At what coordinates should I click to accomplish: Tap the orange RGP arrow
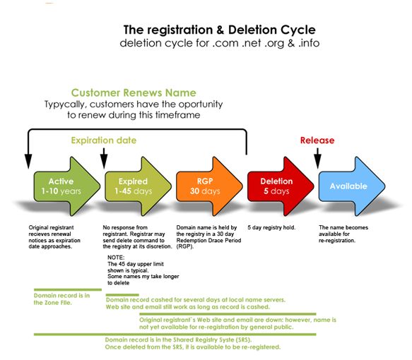(x=209, y=186)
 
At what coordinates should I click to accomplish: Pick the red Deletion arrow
(x=281, y=186)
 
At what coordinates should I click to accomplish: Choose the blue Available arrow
(x=352, y=186)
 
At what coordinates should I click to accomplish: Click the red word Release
(x=317, y=140)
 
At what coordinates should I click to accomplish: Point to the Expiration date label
(x=104, y=140)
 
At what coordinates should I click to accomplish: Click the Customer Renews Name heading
(x=134, y=93)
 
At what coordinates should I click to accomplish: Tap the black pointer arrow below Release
(x=318, y=159)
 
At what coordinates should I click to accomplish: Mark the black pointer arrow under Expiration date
(x=104, y=159)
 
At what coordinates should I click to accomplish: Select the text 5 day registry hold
(x=271, y=228)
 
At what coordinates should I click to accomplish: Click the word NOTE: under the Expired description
(x=116, y=258)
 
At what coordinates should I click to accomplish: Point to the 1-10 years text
(x=61, y=191)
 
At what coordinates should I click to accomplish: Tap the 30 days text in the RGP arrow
(x=205, y=191)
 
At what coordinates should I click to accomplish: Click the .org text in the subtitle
(x=274, y=44)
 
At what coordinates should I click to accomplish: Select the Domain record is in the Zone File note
(x=61, y=299)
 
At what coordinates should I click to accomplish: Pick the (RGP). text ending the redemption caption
(x=185, y=246)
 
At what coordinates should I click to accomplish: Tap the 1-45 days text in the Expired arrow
(x=134, y=191)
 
